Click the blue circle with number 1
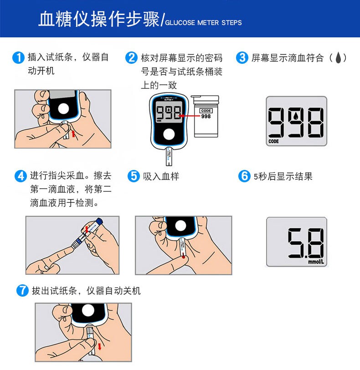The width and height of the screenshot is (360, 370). pyautogui.click(x=18, y=58)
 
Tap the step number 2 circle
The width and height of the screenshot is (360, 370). pyautogui.click(x=131, y=58)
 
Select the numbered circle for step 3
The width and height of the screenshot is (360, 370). pyautogui.click(x=242, y=58)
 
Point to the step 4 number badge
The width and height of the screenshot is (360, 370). pyautogui.click(x=21, y=176)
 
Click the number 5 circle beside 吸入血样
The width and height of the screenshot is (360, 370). pyautogui.click(x=134, y=176)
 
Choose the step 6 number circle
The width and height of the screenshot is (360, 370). pyautogui.click(x=244, y=176)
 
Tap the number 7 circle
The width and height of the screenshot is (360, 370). pyautogui.click(x=22, y=290)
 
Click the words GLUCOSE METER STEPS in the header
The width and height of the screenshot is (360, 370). pyautogui.click(x=203, y=23)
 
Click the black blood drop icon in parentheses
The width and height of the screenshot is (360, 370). pyautogui.click(x=338, y=57)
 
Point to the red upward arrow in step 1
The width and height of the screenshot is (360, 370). pyautogui.click(x=73, y=134)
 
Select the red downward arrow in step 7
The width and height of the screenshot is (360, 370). pyautogui.click(x=99, y=347)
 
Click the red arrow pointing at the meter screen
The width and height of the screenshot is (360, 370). pyautogui.click(x=190, y=116)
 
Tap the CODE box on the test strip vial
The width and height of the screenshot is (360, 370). pyautogui.click(x=206, y=111)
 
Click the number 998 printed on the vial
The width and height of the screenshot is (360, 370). pyautogui.click(x=206, y=116)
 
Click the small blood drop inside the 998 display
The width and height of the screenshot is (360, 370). pyautogui.click(x=295, y=116)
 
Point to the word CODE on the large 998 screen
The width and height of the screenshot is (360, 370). pyautogui.click(x=273, y=141)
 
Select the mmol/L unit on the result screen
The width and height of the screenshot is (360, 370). pyautogui.click(x=316, y=262)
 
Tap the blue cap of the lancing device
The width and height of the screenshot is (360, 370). pyautogui.click(x=99, y=221)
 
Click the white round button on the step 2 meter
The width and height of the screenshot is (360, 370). pyautogui.click(x=169, y=134)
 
